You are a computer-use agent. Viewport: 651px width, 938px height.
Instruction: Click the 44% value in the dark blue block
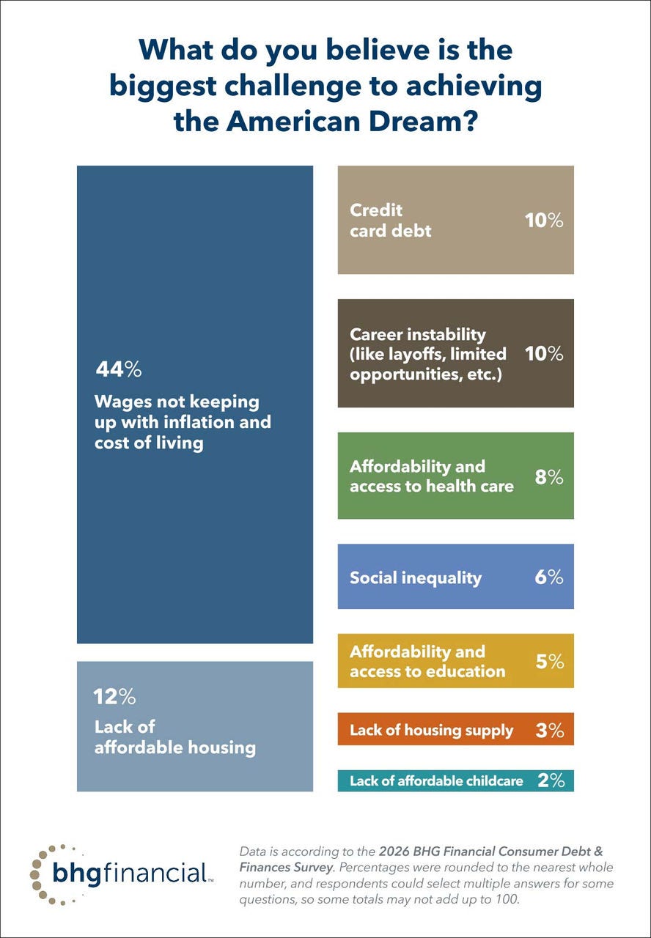point(118,369)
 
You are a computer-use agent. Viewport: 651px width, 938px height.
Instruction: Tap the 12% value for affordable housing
point(115,696)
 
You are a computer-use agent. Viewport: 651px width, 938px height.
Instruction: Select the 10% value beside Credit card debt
point(544,220)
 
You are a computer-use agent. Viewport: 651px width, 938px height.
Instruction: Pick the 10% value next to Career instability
point(544,353)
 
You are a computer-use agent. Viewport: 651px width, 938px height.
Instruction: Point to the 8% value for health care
point(548,477)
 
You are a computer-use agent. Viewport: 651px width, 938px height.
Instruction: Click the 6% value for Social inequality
point(548,577)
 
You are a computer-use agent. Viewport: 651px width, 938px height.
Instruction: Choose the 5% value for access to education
point(549,661)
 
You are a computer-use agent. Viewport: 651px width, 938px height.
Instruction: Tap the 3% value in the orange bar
point(549,730)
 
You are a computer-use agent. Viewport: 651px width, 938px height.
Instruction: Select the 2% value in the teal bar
point(551,780)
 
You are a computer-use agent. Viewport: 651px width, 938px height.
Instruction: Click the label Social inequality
point(416,577)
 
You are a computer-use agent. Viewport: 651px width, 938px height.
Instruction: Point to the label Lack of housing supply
point(431,731)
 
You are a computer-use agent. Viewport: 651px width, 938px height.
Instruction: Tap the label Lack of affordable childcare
point(436,781)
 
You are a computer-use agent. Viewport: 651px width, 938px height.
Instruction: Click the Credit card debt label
point(390,220)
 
